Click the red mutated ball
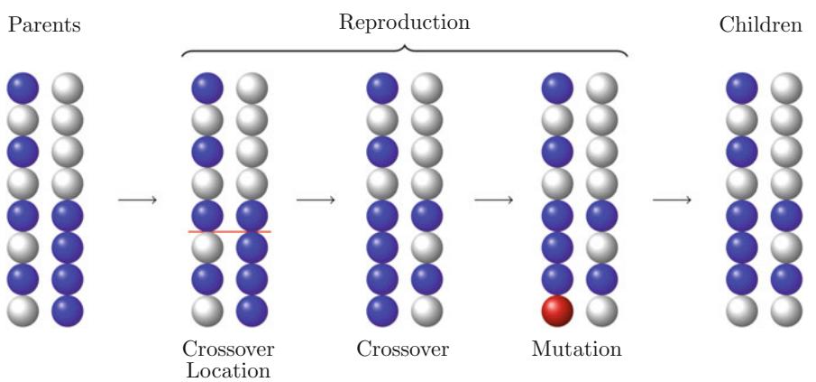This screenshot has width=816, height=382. (x=558, y=311)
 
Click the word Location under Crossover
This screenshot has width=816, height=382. (x=228, y=368)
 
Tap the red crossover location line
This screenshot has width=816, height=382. (x=229, y=232)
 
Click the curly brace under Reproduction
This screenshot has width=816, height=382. (x=404, y=51)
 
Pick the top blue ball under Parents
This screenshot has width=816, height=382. (x=23, y=89)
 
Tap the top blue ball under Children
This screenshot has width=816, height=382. (x=743, y=89)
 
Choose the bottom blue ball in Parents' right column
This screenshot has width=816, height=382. (x=66, y=311)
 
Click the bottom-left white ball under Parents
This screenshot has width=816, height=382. (x=23, y=311)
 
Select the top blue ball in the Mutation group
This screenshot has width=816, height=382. (x=558, y=89)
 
